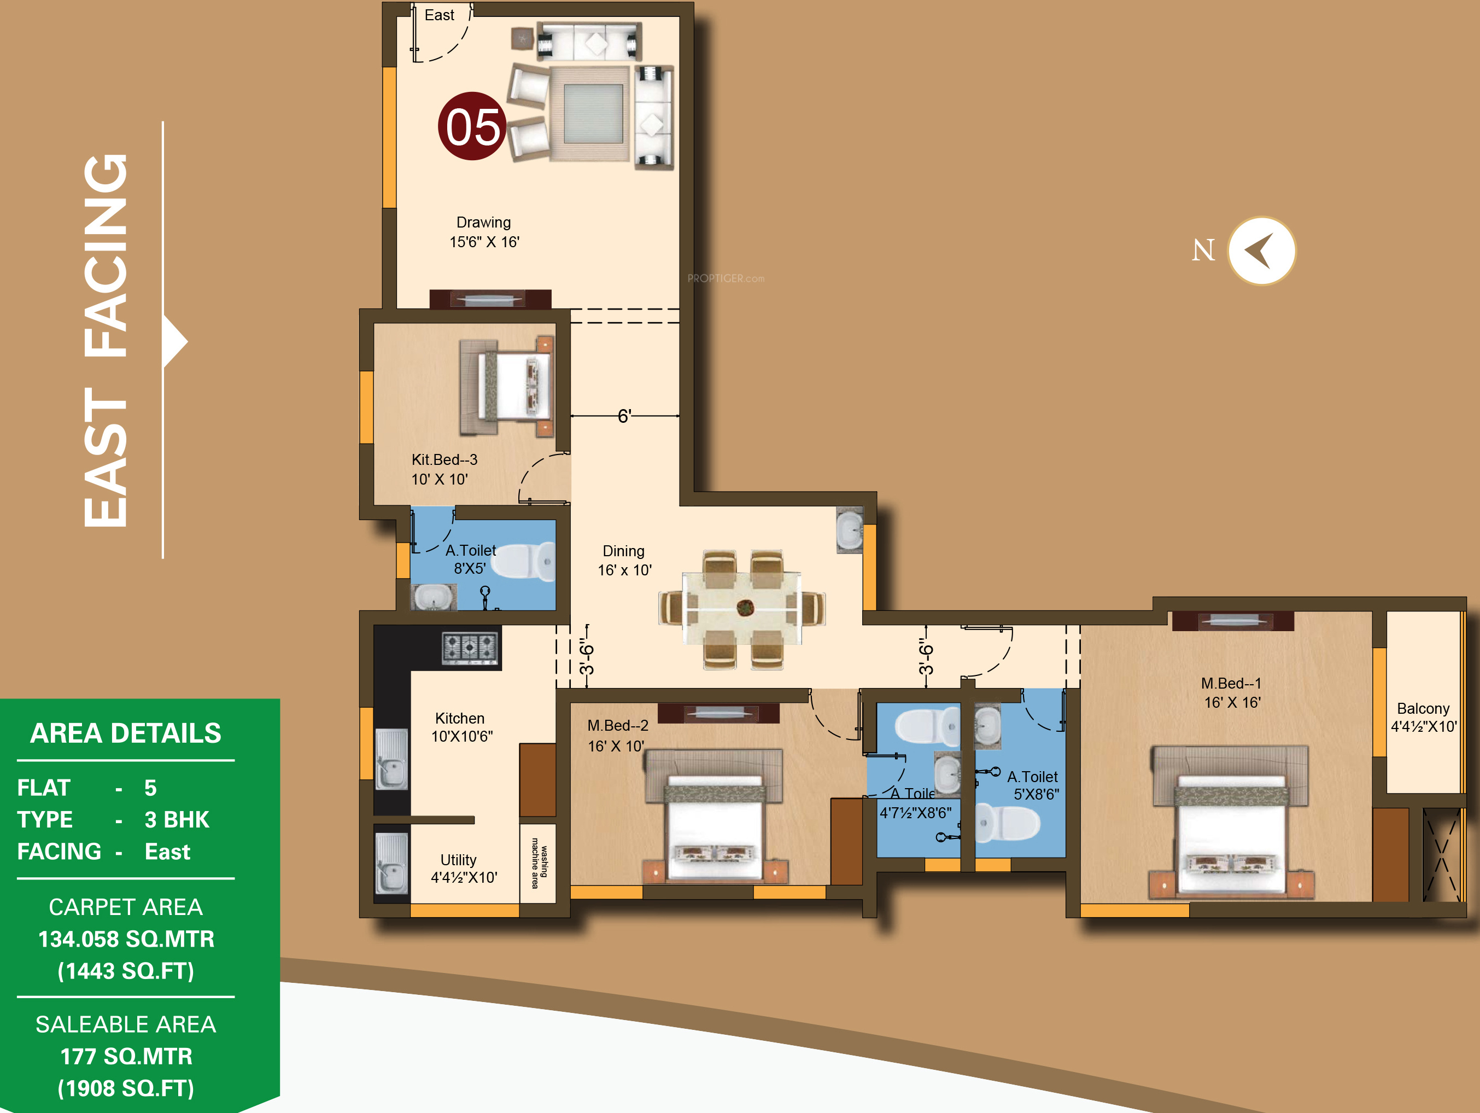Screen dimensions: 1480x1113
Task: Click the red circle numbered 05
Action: coord(472,126)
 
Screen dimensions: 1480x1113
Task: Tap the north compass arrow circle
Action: coord(1261,251)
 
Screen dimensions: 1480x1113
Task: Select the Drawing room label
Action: coord(484,231)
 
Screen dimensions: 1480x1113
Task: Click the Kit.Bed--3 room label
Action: coord(444,469)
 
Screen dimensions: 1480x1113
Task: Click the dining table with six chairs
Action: coord(742,609)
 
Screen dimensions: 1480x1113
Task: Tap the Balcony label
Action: coord(1423,718)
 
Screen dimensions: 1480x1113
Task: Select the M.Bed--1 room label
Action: coord(1231,693)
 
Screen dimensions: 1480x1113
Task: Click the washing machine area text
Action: coord(539,864)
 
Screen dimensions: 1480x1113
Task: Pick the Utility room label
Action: coord(464,869)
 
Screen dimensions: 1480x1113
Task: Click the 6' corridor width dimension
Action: coord(624,416)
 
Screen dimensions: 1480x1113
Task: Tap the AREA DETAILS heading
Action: coord(126,733)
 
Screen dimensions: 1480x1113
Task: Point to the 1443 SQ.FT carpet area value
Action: coord(126,971)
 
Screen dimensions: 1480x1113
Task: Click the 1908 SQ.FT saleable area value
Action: coord(126,1088)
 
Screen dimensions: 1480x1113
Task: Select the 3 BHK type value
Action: coord(177,820)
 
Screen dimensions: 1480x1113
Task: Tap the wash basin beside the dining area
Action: coord(850,530)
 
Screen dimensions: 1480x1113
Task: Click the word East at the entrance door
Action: coord(439,15)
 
